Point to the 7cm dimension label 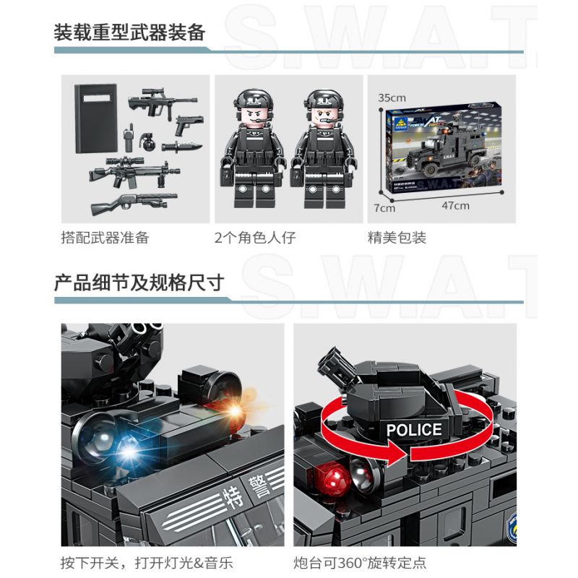point(385,208)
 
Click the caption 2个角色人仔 point(255,238)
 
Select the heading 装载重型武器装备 point(130,33)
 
